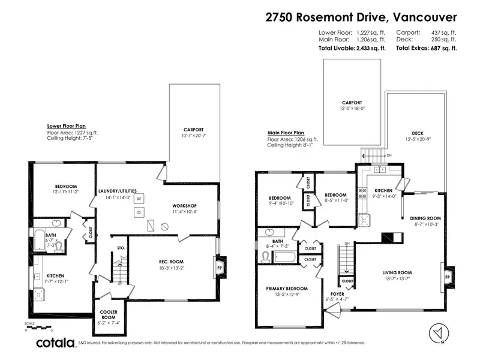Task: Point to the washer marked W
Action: point(138,198)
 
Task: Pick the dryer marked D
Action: point(138,212)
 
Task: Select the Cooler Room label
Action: point(109,319)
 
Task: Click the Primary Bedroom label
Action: point(287,288)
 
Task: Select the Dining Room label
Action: point(425,218)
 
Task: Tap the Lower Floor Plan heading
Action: point(67,126)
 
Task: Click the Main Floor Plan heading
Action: point(286,133)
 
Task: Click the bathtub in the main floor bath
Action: point(284,257)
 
